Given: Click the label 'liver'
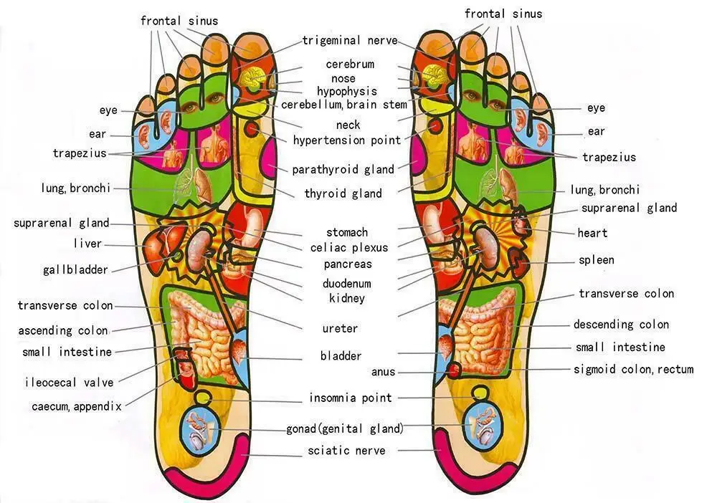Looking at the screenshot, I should [x=87, y=244].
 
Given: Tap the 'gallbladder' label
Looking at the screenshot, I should [x=75, y=270].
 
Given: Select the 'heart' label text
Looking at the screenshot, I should [x=592, y=233].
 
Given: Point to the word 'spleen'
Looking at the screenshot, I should [x=597, y=260].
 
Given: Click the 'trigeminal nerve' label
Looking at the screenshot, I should [x=349, y=41].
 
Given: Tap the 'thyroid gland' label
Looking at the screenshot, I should [x=343, y=193].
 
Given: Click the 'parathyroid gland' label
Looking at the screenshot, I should [x=343, y=170].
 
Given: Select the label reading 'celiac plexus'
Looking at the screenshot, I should [x=349, y=248].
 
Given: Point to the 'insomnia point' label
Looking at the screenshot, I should [x=351, y=398].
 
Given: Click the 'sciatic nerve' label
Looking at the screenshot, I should [x=346, y=451].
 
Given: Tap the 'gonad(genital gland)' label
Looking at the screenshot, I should [x=345, y=429].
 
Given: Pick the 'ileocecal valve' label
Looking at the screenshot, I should [x=69, y=383].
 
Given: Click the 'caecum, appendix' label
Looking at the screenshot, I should [x=77, y=406].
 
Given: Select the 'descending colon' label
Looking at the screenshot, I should [x=621, y=325].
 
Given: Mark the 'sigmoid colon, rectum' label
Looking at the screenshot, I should [x=633, y=370].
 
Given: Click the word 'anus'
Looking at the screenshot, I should [x=384, y=372].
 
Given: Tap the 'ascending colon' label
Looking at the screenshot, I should [x=63, y=331].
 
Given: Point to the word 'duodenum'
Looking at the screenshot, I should [x=347, y=284].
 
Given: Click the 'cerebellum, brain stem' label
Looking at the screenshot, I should [x=344, y=105].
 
